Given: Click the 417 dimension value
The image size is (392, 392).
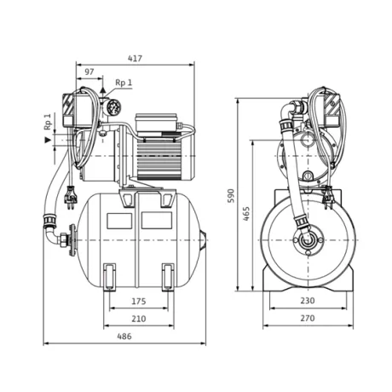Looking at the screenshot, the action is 135,59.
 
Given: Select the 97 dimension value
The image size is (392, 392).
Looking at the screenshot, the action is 89,72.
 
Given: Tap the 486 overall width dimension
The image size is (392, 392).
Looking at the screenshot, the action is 124,337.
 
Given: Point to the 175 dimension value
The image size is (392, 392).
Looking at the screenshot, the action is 139,301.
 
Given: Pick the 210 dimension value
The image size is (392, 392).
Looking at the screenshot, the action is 139,319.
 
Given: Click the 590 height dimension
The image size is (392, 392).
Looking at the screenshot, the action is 232,196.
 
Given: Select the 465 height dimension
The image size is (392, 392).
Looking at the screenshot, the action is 246,214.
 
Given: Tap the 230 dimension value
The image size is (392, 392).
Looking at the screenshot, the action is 308,301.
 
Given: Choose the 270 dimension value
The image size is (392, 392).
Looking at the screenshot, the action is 308,318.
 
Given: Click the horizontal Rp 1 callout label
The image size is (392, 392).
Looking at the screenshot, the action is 124,83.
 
